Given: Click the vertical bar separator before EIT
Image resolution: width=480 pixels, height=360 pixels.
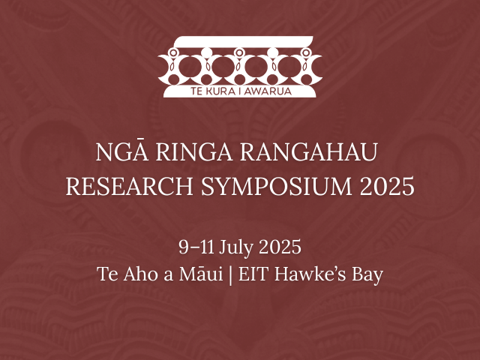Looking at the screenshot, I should tap(231, 274).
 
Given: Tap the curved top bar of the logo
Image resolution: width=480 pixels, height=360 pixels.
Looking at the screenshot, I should tap(240, 39).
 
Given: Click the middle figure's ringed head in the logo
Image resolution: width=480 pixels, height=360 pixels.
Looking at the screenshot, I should tap(240, 53).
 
